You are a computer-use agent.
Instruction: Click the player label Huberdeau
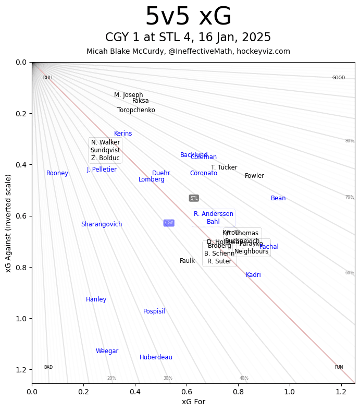156,357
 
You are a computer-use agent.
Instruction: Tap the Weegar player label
107,351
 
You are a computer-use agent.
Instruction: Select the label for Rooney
57,173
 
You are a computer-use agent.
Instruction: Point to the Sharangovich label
102,224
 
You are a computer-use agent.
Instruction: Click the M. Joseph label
128,95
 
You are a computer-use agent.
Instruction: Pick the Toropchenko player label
136,110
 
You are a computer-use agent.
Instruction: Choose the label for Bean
278,198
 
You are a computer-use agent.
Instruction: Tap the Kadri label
253,275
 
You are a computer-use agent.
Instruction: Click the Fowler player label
254,176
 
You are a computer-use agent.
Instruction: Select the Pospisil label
154,311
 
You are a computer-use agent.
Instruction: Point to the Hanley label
96,299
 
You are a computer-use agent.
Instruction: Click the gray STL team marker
194,198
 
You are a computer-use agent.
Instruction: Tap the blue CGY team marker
169,223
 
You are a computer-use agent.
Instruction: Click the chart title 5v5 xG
188,17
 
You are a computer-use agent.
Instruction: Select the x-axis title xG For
193,402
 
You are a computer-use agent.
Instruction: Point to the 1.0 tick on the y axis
19,319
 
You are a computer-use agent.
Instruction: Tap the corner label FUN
339,367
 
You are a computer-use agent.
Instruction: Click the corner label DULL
48,78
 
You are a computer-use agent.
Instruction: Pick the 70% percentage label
349,197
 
